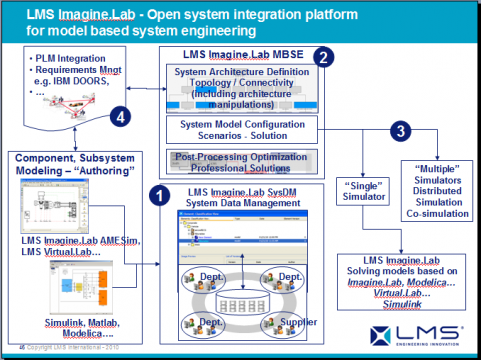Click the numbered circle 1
(x=157, y=188)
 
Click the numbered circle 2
(x=323, y=58)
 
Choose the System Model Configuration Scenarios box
(x=240, y=128)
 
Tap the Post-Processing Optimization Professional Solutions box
(x=240, y=162)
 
